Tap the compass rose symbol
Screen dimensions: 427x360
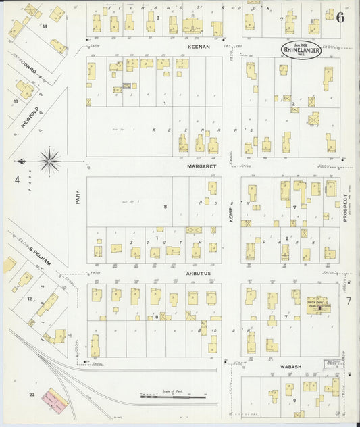pos(49,161)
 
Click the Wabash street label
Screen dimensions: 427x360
pos(290,366)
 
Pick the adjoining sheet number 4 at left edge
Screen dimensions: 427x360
pos(16,180)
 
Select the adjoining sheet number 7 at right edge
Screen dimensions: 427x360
pos(349,300)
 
